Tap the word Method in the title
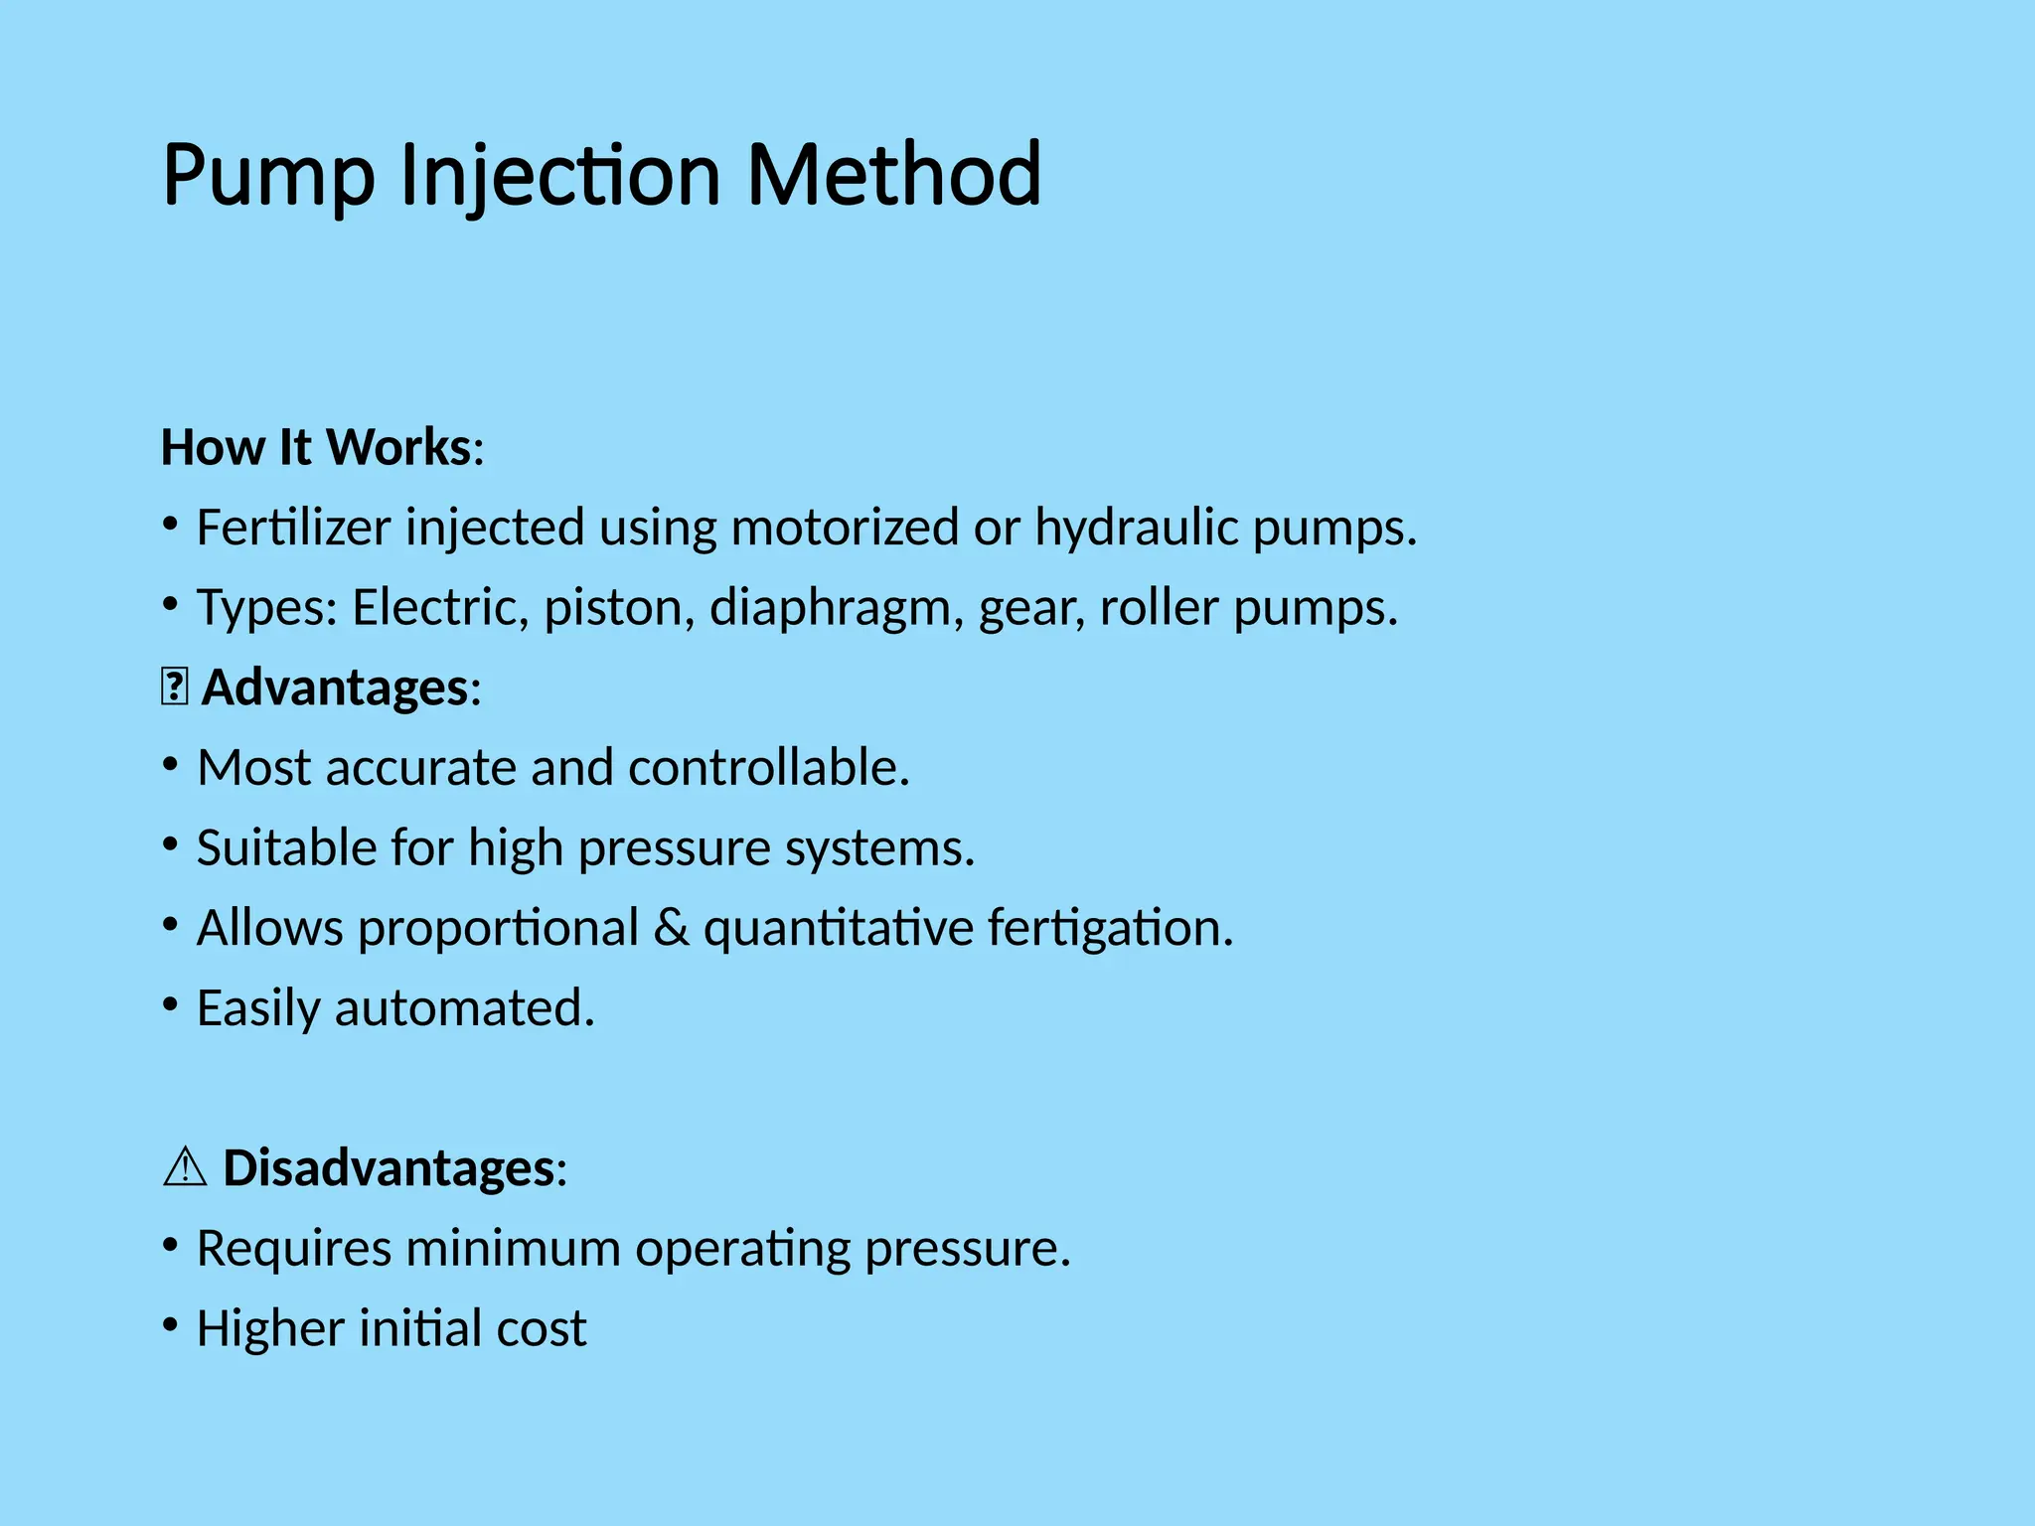tap(893, 176)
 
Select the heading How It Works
tap(316, 447)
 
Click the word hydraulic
tap(1136, 528)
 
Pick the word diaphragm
tap(837, 608)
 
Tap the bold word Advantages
tap(335, 687)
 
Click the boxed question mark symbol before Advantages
tap(174, 687)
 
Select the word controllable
tap(769, 768)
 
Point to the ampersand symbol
tap(672, 929)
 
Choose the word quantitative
tap(839, 929)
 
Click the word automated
tap(464, 1008)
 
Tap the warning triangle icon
tap(184, 1167)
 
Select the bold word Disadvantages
tap(389, 1168)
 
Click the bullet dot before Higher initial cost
tap(171, 1325)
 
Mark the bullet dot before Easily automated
tap(171, 1005)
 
